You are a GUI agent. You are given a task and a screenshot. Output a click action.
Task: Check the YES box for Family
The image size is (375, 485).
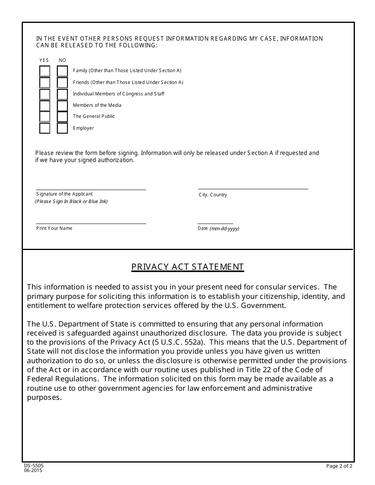tap(45, 71)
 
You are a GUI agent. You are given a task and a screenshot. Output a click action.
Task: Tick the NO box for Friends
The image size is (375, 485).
tap(62, 82)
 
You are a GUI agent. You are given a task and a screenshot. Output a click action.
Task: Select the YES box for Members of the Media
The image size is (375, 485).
tap(45, 106)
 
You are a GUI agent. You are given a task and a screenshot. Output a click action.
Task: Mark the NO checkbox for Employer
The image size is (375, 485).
tap(62, 128)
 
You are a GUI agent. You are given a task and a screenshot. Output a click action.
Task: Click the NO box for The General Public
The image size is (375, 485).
tap(62, 117)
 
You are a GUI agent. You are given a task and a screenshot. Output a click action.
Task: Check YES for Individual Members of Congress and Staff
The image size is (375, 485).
tap(45, 94)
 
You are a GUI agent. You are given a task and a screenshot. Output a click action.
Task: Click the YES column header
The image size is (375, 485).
tap(44, 60)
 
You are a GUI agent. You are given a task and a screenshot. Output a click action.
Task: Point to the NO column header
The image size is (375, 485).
tap(62, 60)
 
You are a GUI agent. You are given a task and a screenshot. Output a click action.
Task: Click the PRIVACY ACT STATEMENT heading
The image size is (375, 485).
tap(187, 267)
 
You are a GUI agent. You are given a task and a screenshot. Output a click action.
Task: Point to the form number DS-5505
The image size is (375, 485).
tap(34, 466)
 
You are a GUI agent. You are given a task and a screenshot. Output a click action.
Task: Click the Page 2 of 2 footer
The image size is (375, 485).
tap(339, 466)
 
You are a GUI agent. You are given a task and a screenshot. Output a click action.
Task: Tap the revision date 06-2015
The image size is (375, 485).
tap(33, 470)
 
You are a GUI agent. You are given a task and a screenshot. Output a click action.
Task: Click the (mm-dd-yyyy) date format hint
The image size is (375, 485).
tap(224, 229)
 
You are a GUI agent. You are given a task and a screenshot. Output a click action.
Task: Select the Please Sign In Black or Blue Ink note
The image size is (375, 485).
tap(71, 201)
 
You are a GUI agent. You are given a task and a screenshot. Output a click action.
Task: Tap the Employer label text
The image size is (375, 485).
tap(83, 128)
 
